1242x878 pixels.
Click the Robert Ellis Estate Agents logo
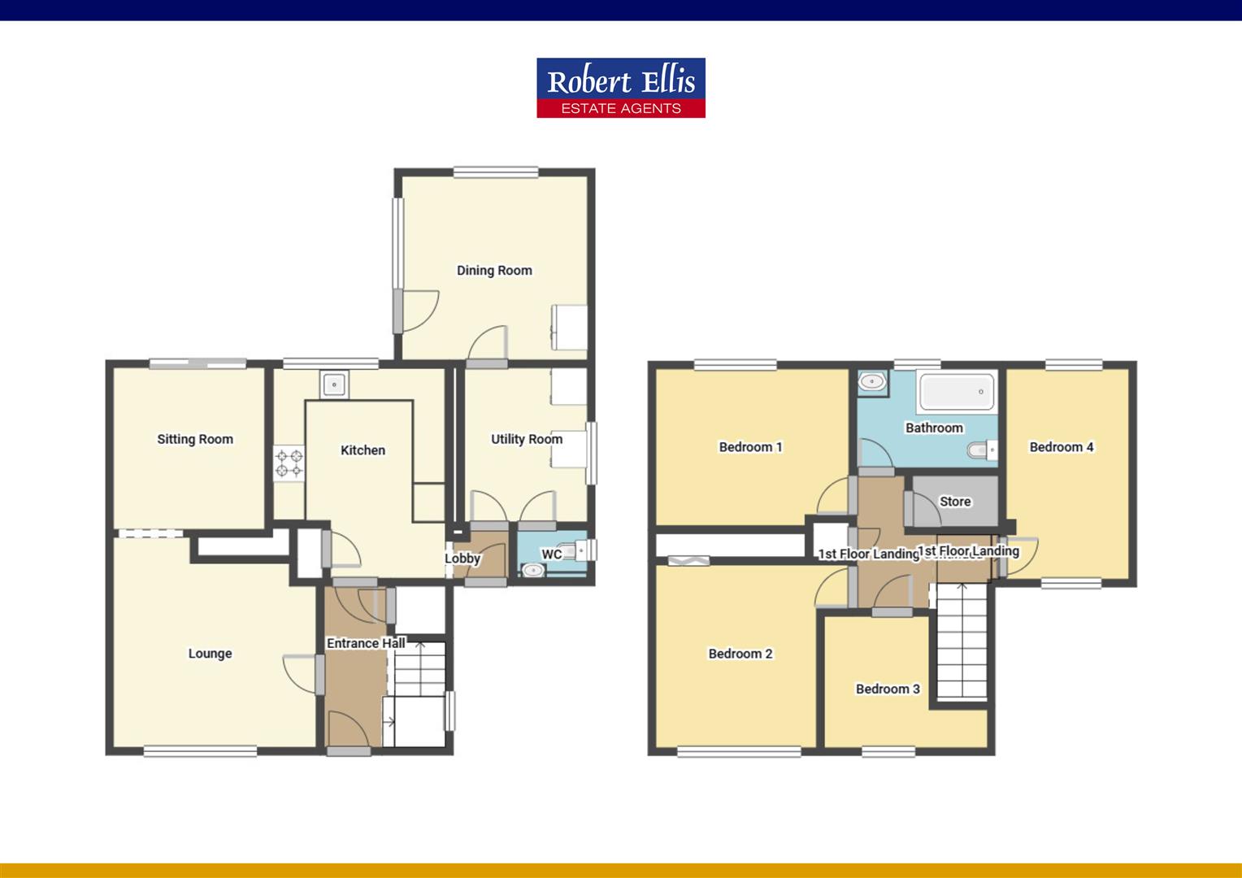(620, 88)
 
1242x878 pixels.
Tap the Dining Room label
(494, 271)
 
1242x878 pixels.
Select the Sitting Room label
(195, 439)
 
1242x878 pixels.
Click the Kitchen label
(363, 450)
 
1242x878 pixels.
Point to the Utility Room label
(526, 439)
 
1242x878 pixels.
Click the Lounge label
(210, 654)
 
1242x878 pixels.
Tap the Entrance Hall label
(366, 643)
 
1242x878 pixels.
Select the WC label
(552, 554)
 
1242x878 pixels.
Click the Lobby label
(462, 559)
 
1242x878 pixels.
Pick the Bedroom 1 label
(750, 446)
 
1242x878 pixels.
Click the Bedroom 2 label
(740, 654)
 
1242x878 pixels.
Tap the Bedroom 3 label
(888, 689)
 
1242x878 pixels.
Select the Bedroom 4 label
(1062, 446)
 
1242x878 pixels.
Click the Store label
(955, 502)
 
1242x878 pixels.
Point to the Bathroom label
(934, 428)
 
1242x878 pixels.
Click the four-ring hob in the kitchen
(289, 463)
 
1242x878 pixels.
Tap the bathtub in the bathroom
(957, 392)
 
